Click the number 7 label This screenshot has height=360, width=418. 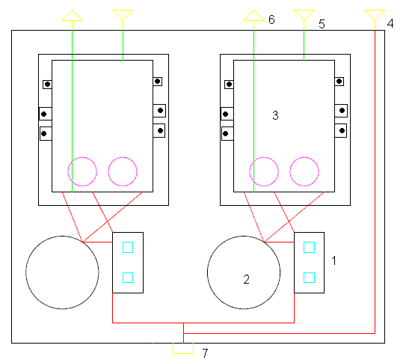point(205,353)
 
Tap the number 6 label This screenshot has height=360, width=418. point(271,19)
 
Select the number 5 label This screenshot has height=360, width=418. point(322,24)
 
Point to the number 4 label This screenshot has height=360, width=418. point(390,23)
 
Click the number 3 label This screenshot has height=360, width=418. point(275,115)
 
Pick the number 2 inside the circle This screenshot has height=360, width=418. point(246,279)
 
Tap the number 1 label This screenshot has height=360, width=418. point(334,260)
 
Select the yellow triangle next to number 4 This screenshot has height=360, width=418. point(375,15)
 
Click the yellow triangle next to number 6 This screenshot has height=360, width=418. point(253,16)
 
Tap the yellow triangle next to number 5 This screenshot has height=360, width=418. point(304,15)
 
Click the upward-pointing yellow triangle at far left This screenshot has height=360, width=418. point(73,16)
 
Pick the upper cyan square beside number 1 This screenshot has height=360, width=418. point(310,248)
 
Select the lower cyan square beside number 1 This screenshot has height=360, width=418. point(310,278)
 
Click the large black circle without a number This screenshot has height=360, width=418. point(26,272)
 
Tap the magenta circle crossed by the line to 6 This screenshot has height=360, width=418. point(250,171)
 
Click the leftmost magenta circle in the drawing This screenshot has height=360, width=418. point(68,171)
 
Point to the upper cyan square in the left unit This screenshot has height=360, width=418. point(128,248)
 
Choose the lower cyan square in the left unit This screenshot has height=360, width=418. point(128,278)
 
